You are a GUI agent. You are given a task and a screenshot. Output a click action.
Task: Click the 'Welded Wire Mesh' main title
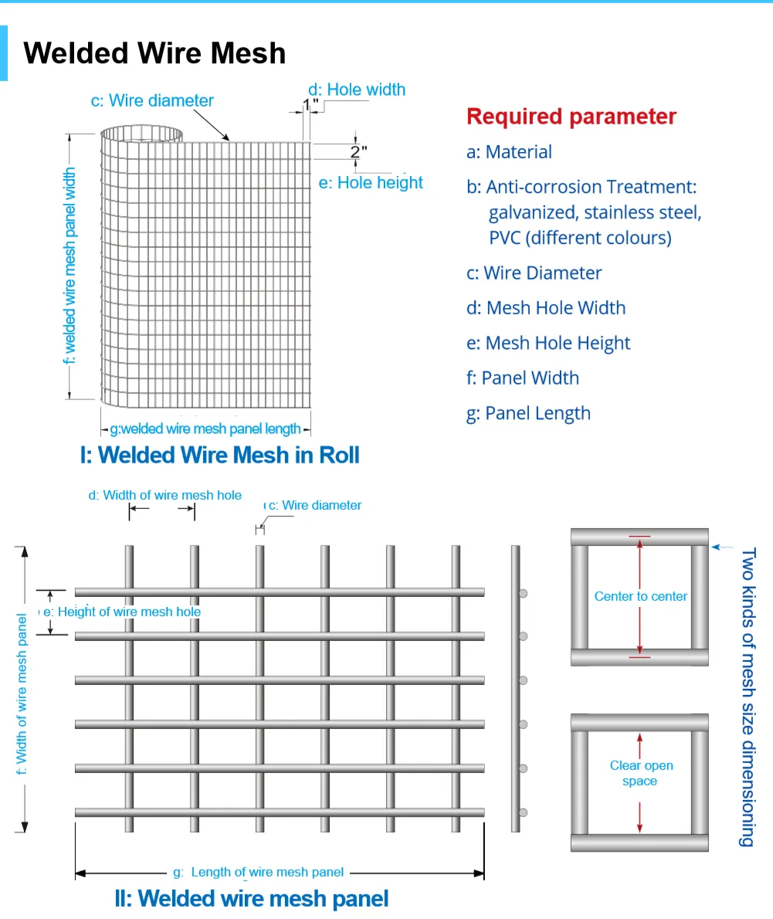coord(154,53)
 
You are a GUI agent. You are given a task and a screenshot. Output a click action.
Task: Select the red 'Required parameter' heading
coord(571,117)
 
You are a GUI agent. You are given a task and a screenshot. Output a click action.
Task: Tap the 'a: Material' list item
coord(509,152)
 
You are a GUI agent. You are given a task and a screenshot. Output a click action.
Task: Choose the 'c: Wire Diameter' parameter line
coord(534,273)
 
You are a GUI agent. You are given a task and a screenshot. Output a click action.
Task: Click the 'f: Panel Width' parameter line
coord(522,378)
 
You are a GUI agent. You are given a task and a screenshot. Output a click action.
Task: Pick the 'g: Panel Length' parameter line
coord(528,413)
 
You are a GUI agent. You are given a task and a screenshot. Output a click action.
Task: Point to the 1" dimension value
coord(310,105)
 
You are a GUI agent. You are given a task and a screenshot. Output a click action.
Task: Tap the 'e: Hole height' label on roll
coord(371,183)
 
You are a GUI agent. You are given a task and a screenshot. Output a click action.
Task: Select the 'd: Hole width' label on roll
coord(357,90)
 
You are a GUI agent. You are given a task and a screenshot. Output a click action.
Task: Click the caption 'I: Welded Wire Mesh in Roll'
coord(220,455)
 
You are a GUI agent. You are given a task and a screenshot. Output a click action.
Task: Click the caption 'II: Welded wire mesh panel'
coord(252,899)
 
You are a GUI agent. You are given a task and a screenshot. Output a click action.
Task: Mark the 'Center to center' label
coord(640,596)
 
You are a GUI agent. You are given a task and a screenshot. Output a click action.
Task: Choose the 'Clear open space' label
coord(641,773)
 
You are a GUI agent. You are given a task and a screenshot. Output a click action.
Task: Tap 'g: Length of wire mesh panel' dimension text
coord(258,872)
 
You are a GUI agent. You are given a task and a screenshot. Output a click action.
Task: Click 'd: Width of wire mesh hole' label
coord(164,495)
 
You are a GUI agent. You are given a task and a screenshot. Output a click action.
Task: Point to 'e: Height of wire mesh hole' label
coord(122,612)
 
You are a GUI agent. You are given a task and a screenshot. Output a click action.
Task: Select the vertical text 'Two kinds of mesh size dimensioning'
coord(747,697)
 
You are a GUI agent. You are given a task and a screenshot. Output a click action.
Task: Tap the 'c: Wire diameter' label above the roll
coord(152,100)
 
